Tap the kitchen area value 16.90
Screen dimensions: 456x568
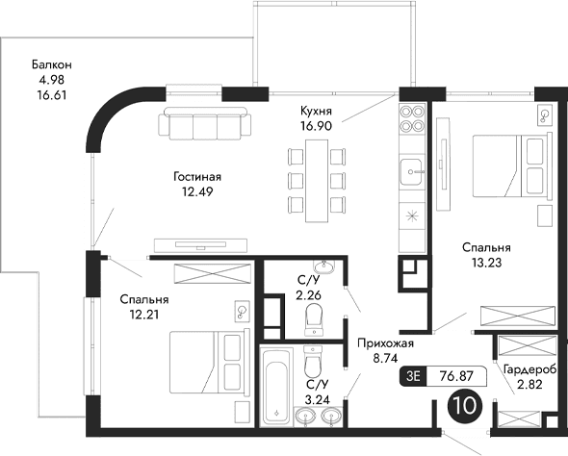[316, 126]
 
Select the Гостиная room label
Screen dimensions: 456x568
[198, 177]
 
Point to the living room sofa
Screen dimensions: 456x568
[205, 125]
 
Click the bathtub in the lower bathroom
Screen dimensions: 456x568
[276, 388]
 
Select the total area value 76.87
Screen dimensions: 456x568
[458, 377]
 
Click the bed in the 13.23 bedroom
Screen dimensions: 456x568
[510, 165]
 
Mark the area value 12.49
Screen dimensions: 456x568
[198, 190]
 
